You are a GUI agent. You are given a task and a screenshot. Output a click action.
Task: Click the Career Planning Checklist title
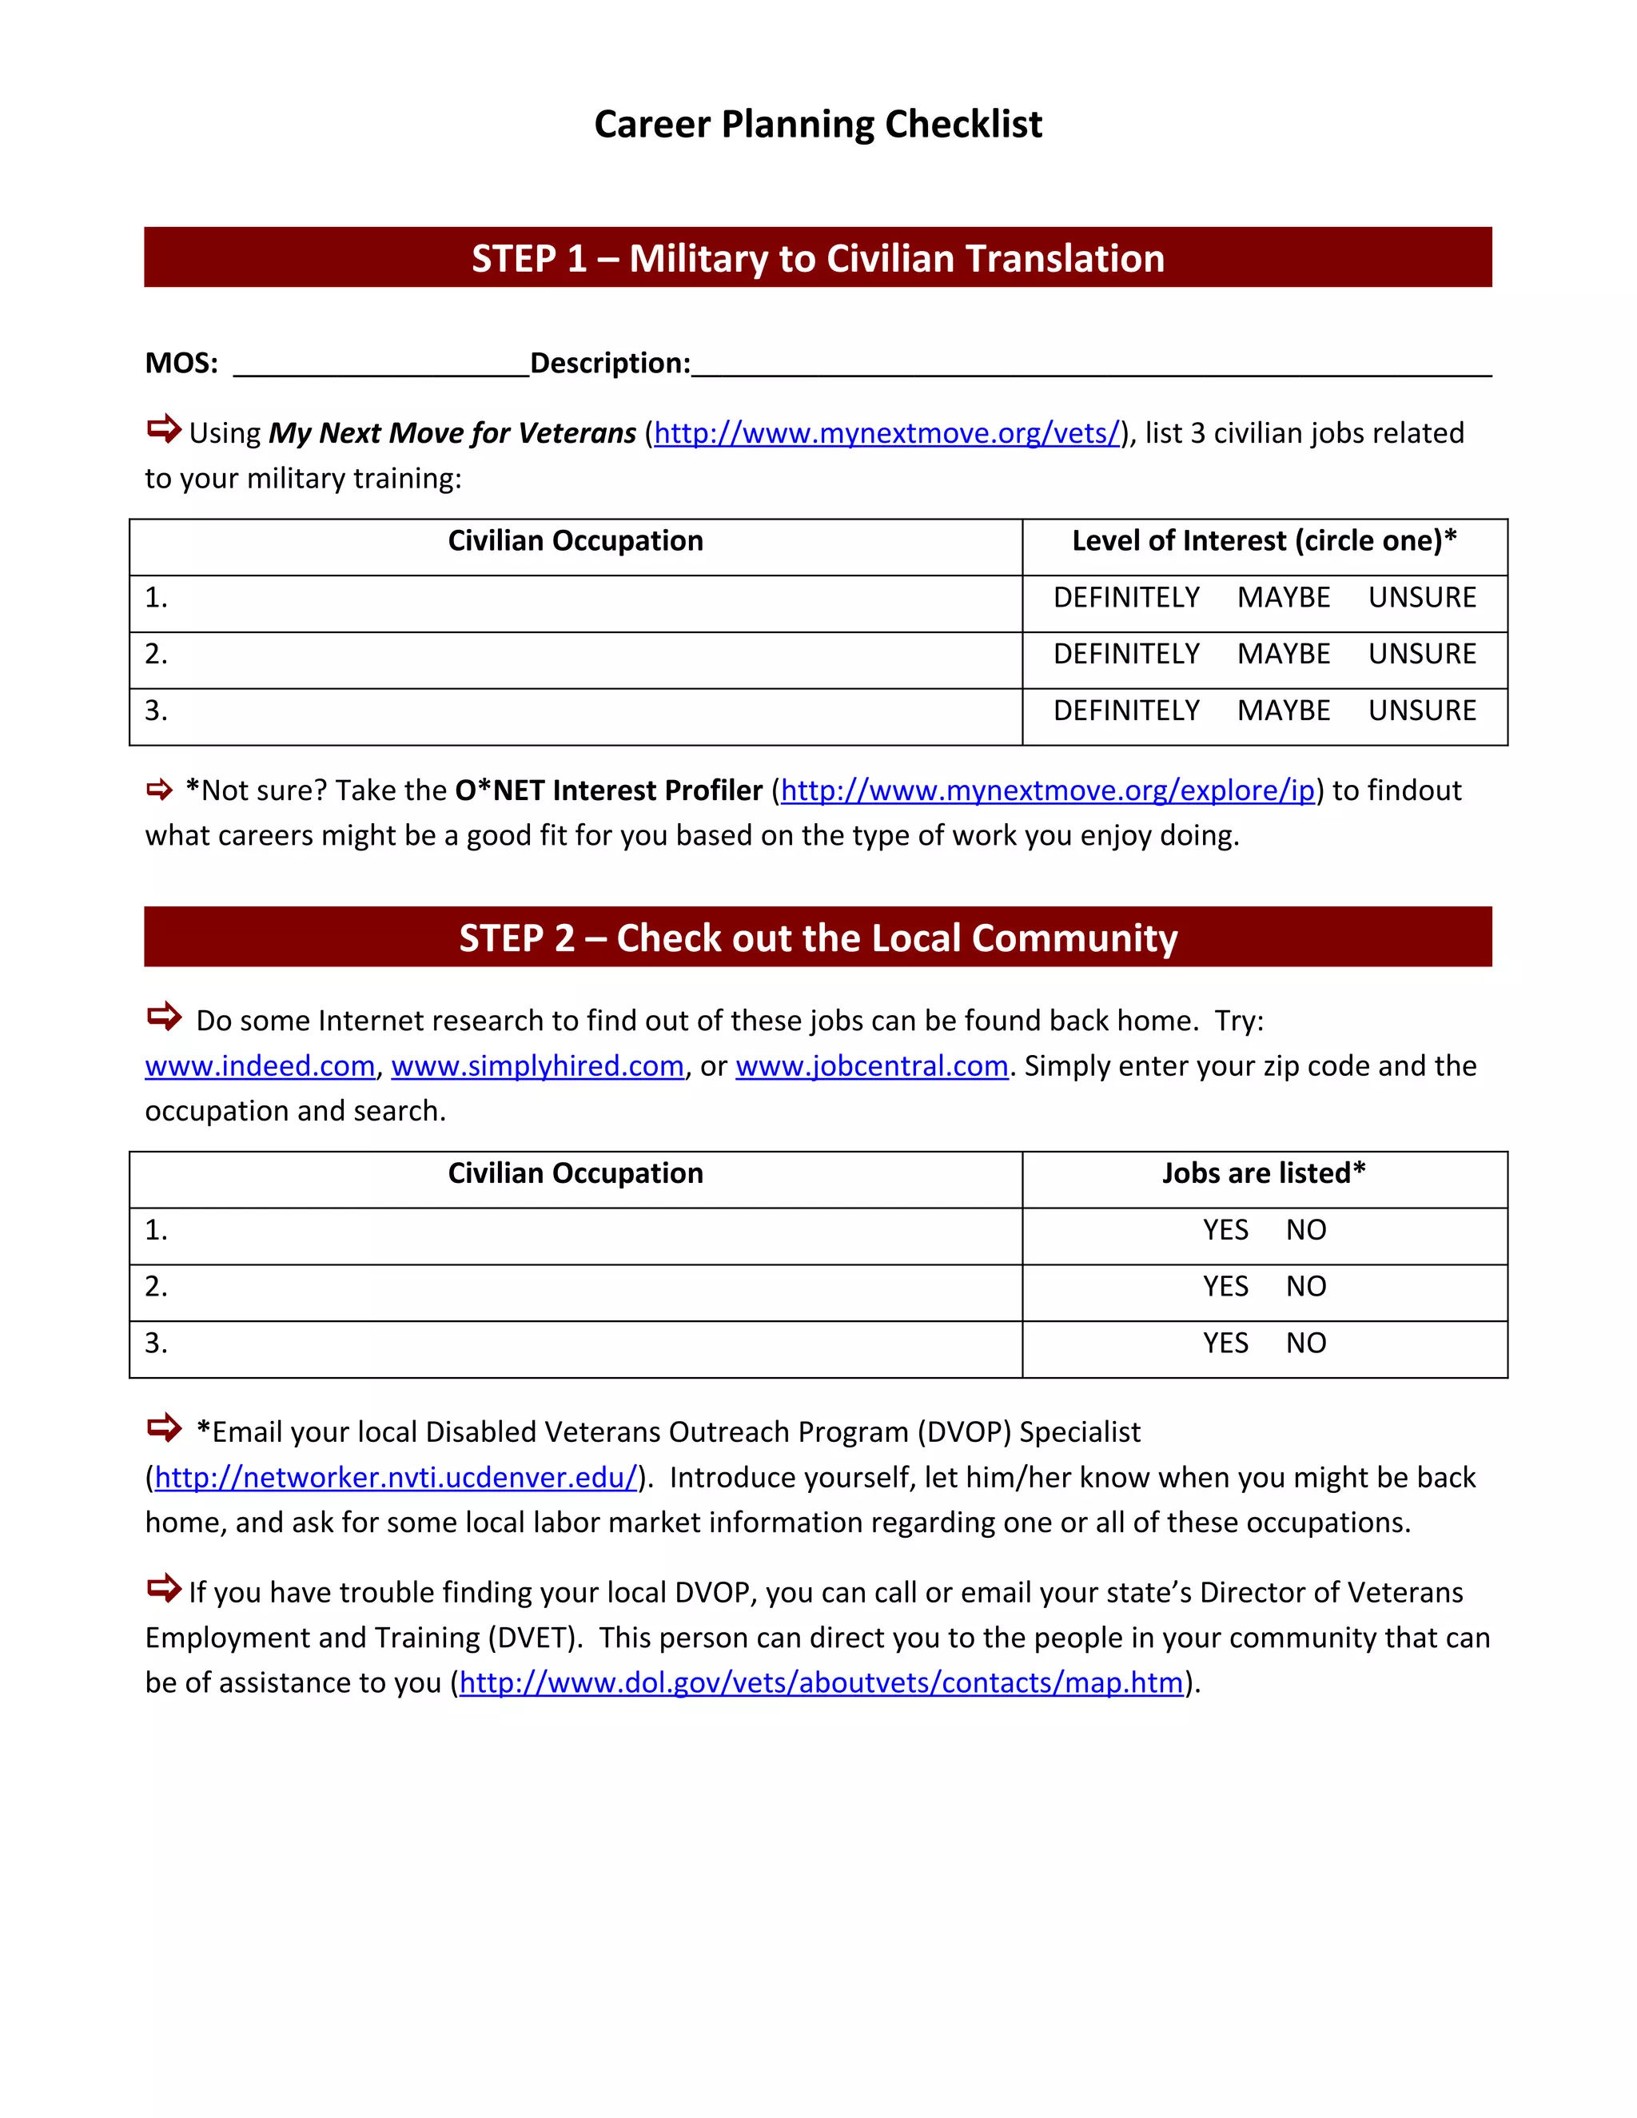[818, 124]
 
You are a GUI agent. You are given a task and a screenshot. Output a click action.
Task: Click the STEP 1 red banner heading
[818, 258]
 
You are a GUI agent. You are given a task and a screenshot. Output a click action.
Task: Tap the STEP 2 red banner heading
[818, 938]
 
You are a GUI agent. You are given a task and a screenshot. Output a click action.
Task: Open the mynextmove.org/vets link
[887, 433]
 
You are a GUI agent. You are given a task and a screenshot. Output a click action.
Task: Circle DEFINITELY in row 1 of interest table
[1126, 597]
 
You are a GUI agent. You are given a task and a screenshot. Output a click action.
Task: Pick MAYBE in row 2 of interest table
[1283, 654]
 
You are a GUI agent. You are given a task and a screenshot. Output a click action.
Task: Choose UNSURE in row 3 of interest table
[1422, 711]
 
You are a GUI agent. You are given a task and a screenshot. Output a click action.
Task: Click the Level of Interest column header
[1264, 541]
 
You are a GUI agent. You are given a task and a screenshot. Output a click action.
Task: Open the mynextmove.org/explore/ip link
[1047, 791]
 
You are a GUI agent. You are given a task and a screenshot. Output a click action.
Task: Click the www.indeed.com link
[260, 1065]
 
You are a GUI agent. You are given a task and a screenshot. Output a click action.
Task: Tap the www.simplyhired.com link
[537, 1065]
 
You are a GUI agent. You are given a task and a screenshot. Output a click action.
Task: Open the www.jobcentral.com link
[872, 1065]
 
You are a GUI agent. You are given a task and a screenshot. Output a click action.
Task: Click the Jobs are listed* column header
[1264, 1173]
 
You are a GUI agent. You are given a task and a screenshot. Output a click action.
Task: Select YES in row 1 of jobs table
[1225, 1230]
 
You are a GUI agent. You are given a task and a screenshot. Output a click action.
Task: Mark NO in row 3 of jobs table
[1305, 1344]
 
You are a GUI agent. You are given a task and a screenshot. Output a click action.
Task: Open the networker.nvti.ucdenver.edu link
[396, 1477]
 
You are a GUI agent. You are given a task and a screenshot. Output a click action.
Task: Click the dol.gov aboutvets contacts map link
[820, 1682]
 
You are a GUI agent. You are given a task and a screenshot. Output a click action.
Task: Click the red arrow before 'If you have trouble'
[164, 1589]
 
